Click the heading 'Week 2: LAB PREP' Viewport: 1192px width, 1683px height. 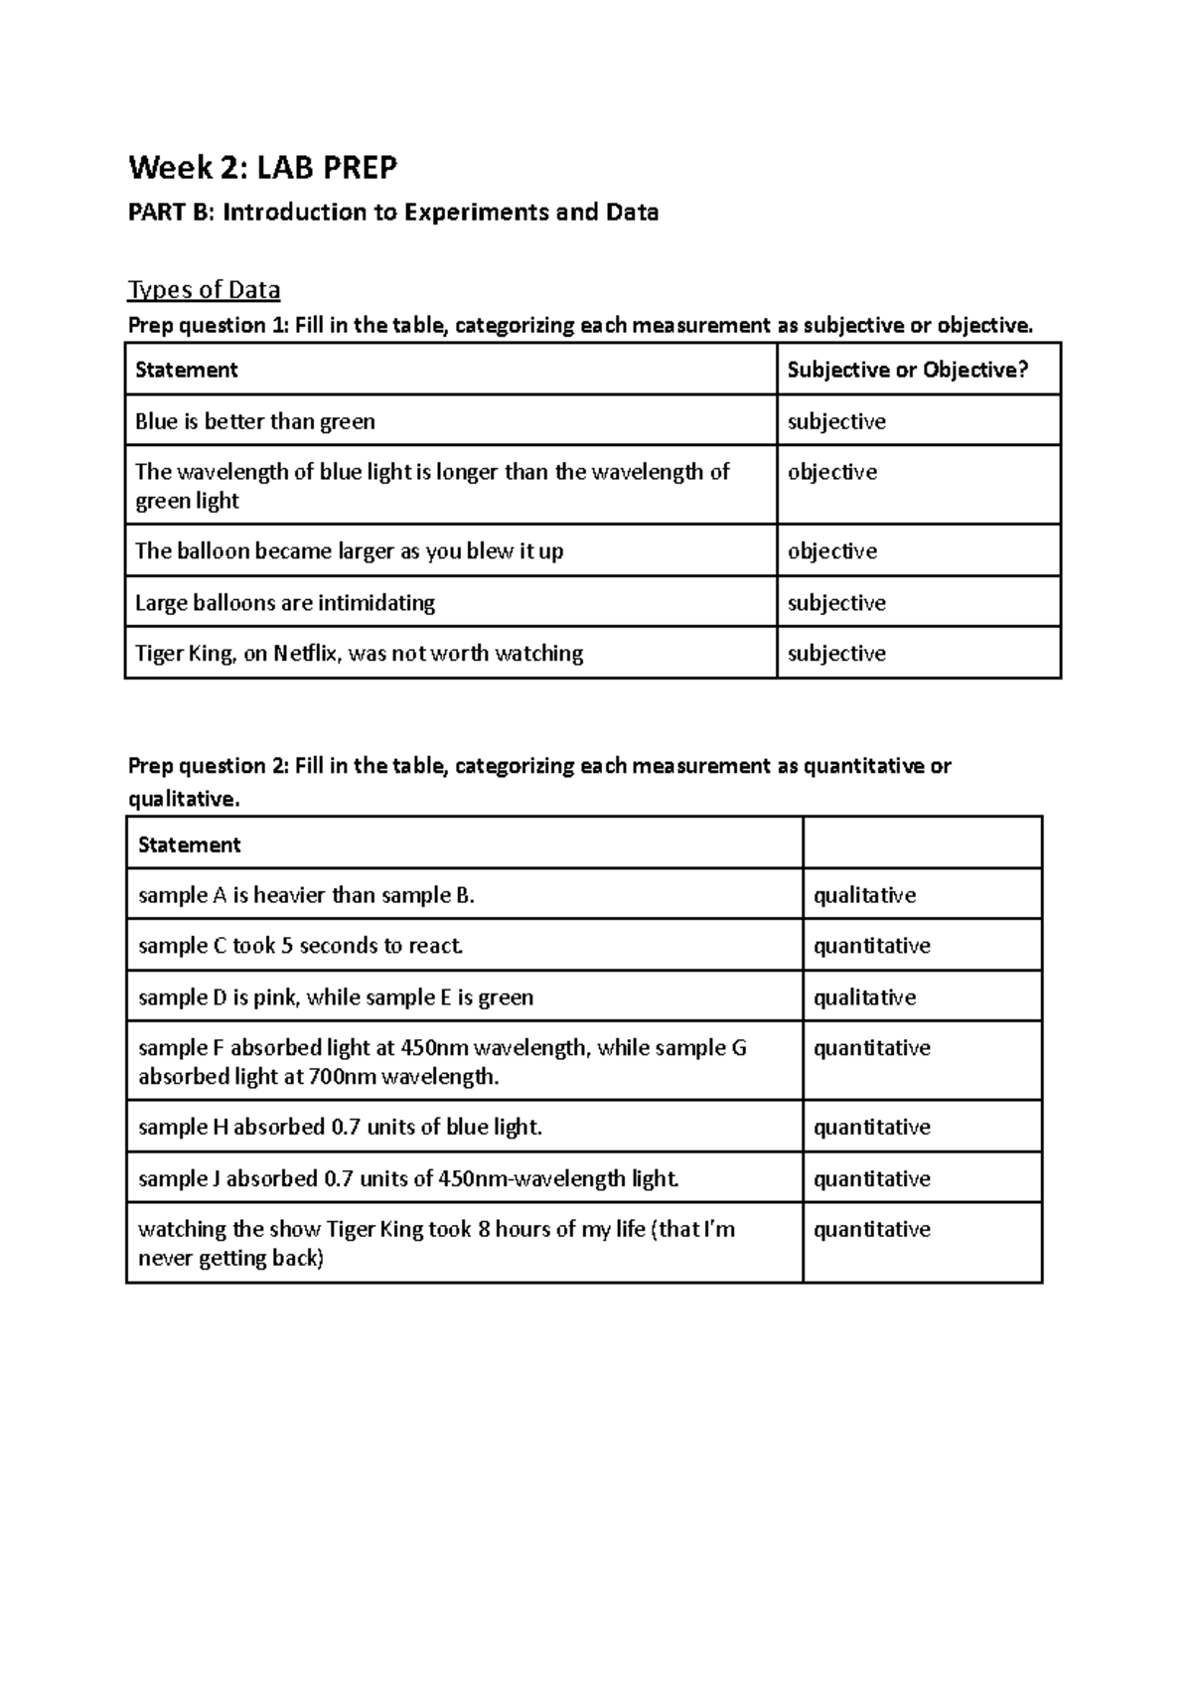262,168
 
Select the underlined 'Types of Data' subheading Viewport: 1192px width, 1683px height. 204,290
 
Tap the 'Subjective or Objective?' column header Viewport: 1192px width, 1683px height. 907,371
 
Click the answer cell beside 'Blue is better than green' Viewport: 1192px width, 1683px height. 836,421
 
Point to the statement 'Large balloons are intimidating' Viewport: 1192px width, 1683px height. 285,603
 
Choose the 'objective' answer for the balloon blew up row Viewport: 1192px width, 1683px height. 831,551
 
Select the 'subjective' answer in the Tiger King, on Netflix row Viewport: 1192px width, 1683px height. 836,654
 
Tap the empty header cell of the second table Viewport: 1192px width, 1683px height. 921,843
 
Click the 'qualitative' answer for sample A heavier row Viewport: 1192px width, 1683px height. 864,895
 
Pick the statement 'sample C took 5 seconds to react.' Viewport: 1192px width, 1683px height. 301,946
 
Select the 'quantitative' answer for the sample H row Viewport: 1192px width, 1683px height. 871,1128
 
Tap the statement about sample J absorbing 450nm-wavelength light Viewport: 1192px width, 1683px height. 408,1179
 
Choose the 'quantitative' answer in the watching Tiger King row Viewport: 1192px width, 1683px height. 871,1230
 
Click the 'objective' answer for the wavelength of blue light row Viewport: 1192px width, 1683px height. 831,472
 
